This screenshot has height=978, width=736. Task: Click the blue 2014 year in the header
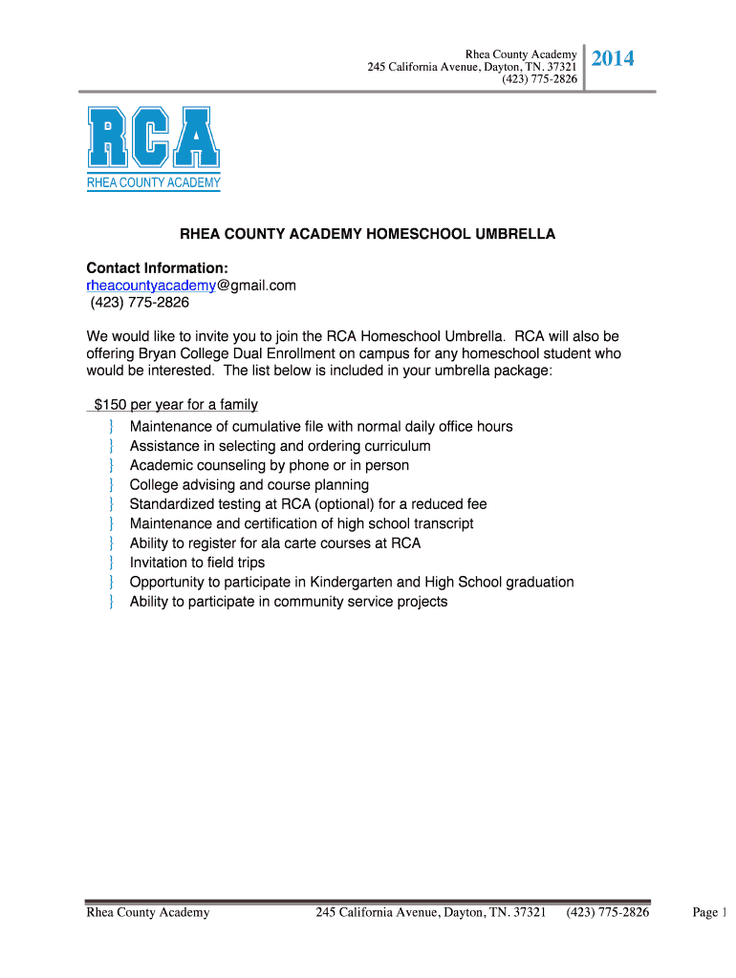pos(613,60)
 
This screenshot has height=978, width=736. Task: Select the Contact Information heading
pos(157,267)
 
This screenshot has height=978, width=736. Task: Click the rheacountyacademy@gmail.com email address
pos(191,286)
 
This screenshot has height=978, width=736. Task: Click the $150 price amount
pos(111,405)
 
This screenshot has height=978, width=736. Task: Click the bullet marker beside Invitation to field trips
pos(112,563)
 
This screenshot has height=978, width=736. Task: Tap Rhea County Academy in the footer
pos(148,913)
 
